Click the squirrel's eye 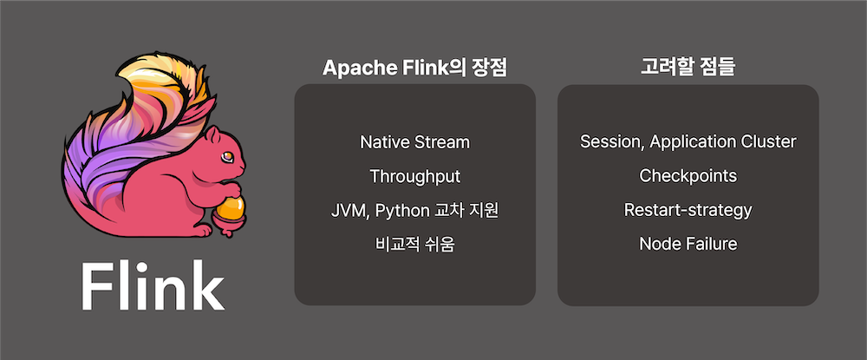tap(227, 156)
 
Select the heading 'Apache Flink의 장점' tap(414, 69)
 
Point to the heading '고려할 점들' tap(687, 69)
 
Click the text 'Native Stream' tap(414, 141)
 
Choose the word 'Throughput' tap(414, 176)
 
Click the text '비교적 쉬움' tap(414, 244)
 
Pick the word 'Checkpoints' tap(688, 176)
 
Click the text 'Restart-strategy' tap(688, 210)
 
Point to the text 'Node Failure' tap(688, 244)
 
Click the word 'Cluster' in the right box tap(768, 141)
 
